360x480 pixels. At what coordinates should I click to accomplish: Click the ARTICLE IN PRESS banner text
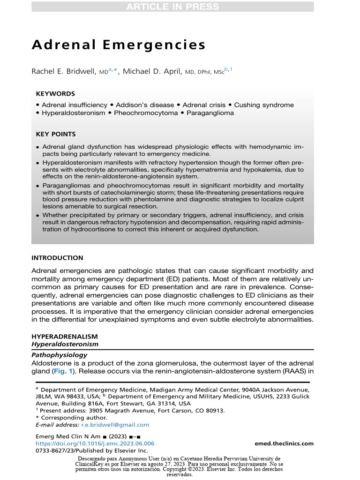tap(172, 7)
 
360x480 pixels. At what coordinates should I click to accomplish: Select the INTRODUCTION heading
tap(57, 258)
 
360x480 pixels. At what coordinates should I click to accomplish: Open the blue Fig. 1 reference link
tap(60, 372)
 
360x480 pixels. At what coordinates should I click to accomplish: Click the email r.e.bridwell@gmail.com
tap(115, 425)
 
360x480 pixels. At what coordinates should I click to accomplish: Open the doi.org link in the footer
tap(95, 443)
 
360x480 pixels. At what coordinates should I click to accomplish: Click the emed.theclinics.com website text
tap(284, 443)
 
